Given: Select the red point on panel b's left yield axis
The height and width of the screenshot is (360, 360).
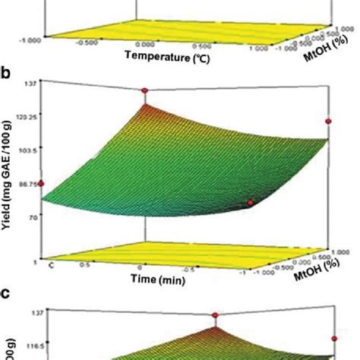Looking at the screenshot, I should click(x=43, y=184).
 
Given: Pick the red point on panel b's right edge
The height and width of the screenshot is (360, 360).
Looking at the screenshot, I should click(x=330, y=121).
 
